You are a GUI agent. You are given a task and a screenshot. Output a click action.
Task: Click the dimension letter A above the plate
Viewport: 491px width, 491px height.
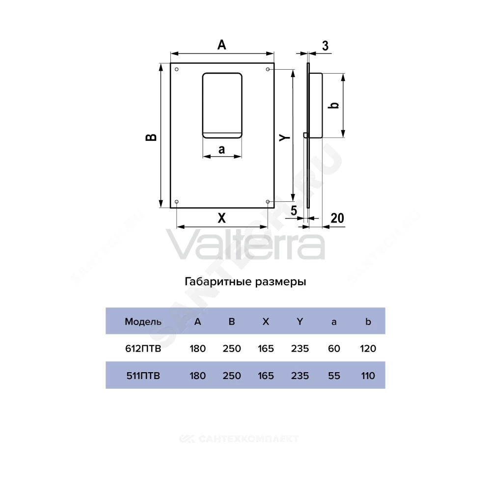pos(222,45)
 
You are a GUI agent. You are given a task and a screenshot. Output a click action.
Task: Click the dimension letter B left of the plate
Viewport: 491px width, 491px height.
pos(151,137)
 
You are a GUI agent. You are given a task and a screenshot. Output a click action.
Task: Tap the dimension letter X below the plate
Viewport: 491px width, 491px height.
pos(222,218)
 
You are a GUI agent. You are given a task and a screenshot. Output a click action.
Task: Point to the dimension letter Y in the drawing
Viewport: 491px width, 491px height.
pos(285,137)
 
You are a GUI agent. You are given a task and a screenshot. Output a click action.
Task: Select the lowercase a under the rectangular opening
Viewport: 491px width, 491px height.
pos(222,149)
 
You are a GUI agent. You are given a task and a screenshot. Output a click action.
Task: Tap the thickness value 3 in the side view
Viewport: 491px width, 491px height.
pos(326,46)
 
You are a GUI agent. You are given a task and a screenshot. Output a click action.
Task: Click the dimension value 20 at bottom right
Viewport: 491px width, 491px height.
pos(337,218)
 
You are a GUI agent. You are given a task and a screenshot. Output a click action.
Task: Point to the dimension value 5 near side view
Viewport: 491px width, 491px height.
pos(294,211)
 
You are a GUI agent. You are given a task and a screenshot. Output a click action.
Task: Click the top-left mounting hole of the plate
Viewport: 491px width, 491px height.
pos(177,69)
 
